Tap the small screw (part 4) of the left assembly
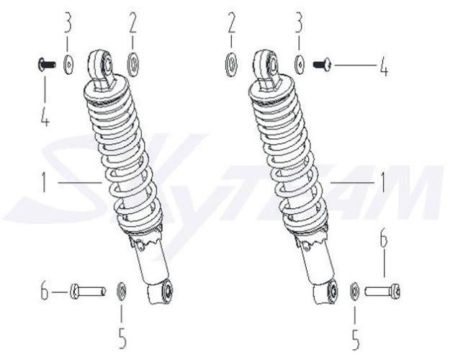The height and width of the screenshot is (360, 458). point(47,63)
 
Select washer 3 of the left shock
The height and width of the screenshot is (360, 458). point(68,64)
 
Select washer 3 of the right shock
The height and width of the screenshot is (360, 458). point(299,64)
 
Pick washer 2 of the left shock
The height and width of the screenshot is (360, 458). point(133,65)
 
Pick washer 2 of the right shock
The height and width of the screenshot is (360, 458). point(232,65)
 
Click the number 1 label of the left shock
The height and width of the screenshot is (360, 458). point(44,182)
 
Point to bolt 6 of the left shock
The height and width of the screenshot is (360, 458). point(88,292)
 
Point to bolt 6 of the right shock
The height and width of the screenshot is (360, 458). point(382,292)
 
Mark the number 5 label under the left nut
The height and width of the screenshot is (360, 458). point(122,338)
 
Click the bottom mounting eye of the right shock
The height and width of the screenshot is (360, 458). point(333,290)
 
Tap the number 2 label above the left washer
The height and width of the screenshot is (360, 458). point(133,22)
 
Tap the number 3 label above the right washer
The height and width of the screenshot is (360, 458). point(299,22)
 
